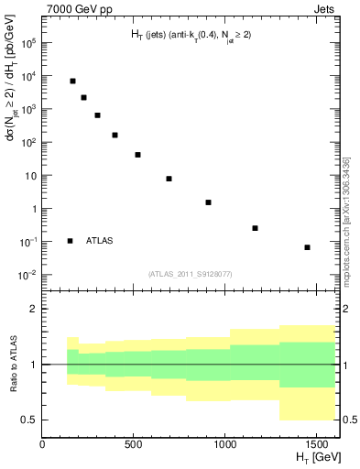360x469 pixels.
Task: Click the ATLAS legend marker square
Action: [x=71, y=241]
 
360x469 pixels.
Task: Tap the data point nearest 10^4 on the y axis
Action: [x=72, y=81]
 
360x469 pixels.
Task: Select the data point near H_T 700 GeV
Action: [x=169, y=179]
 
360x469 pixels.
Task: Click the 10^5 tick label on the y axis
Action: [x=28, y=43]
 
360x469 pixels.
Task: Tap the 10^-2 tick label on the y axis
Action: [x=28, y=275]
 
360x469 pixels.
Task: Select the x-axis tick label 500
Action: [x=133, y=445]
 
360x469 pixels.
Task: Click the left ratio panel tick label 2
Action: [x=34, y=310]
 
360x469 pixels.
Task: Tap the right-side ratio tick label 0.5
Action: [x=350, y=420]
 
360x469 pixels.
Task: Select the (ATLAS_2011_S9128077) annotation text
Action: [x=189, y=274]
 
